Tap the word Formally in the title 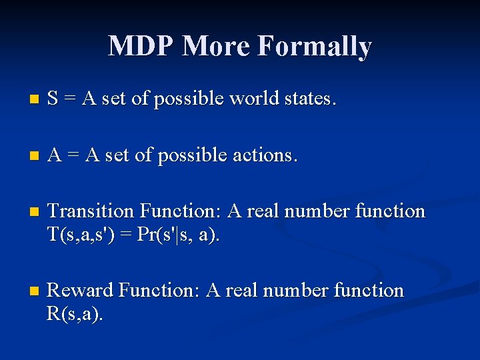pyautogui.click(x=314, y=47)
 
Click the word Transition pyautogui.click(x=91, y=211)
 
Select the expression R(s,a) pyautogui.click(x=75, y=313)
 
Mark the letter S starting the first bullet pyautogui.click(x=53, y=99)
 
